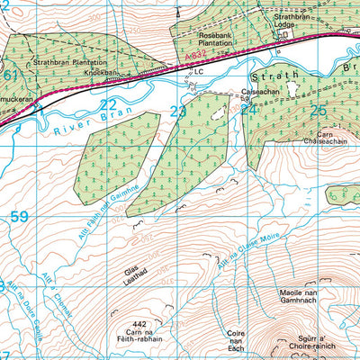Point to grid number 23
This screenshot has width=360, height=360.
[178, 112]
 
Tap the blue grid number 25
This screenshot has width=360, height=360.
[318, 111]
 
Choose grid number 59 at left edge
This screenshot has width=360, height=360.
[20, 217]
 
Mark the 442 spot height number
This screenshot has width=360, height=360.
[139, 321]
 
